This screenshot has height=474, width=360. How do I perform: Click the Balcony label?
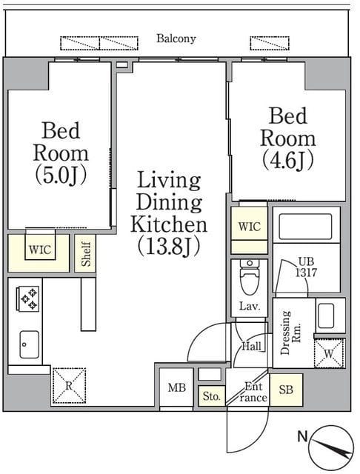pyautogui.click(x=176, y=39)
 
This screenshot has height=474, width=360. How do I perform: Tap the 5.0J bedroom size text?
pyautogui.click(x=61, y=176)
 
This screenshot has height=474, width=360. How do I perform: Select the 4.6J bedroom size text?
pyautogui.click(x=287, y=161)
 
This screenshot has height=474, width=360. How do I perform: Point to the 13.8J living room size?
pyautogui.click(x=169, y=247)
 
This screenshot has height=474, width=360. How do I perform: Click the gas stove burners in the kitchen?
pyautogui.click(x=29, y=298)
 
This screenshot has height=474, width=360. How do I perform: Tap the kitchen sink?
pyautogui.click(x=30, y=344)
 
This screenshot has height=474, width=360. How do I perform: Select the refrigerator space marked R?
pyautogui.click(x=69, y=385)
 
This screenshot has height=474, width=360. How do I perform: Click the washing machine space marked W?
pyautogui.click(x=329, y=353)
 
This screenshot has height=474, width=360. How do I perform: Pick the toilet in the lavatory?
pyautogui.click(x=250, y=277)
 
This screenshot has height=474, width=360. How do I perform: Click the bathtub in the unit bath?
pyautogui.click(x=306, y=227)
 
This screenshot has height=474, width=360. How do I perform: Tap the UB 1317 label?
pyautogui.click(x=306, y=267)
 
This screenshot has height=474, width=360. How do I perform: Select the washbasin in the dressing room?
pyautogui.click(x=326, y=316)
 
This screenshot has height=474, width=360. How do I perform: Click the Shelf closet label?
pyautogui.click(x=86, y=254)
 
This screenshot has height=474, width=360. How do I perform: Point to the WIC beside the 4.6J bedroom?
pyautogui.click(x=249, y=227)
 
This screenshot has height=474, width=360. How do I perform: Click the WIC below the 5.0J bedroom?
pyautogui.click(x=40, y=250)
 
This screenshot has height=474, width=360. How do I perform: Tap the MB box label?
pyautogui.click(x=176, y=387)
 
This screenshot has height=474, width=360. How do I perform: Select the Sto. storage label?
pyautogui.click(x=212, y=396)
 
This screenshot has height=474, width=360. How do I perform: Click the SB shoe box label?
pyautogui.click(x=286, y=390)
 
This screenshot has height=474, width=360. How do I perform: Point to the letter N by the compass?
pyautogui.click(x=302, y=436)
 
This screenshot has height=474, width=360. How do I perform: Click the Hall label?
pyautogui.click(x=252, y=346)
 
